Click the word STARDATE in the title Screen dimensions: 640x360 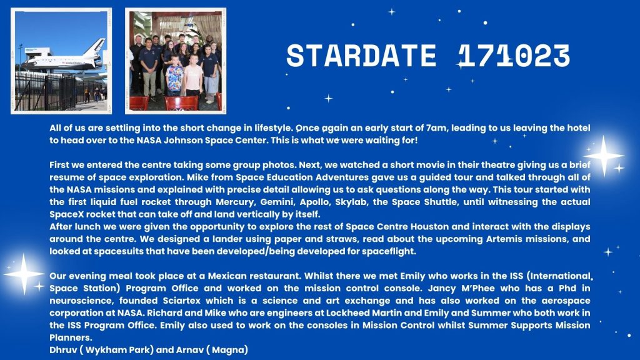click(361, 56)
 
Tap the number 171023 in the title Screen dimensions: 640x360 click(514, 56)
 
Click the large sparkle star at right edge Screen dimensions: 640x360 click(603, 156)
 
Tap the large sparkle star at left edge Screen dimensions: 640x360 click(24, 274)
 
